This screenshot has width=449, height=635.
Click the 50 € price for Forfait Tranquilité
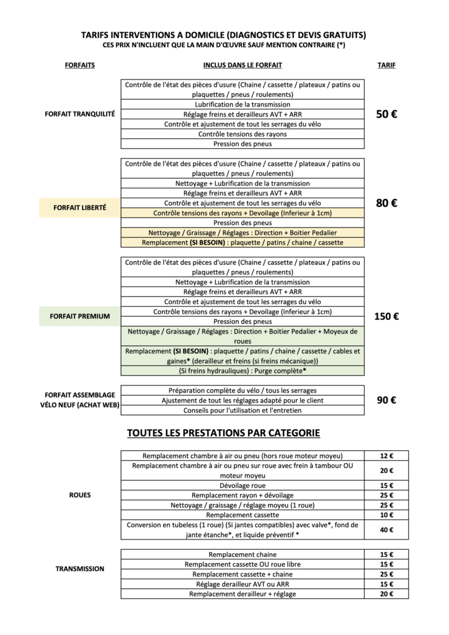[386, 114]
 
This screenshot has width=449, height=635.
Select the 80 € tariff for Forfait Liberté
[386, 203]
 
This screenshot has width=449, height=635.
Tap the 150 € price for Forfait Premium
[386, 316]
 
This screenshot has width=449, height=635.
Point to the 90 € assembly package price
[386, 400]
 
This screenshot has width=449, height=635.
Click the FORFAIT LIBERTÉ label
[79, 208]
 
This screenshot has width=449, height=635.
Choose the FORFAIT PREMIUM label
[79, 316]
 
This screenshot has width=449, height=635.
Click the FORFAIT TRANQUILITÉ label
[79, 114]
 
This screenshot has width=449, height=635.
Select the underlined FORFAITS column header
[79, 65]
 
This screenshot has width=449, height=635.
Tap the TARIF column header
[386, 65]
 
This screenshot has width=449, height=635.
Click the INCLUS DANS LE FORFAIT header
[242, 65]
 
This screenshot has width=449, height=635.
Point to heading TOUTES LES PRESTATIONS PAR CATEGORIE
[223, 433]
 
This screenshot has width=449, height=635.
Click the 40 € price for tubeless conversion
[386, 530]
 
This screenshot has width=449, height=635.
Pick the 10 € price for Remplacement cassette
[386, 515]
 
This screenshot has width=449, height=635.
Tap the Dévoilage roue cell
[242, 486]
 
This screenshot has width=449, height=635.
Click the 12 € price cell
[386, 456]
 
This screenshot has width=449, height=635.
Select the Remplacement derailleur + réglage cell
[242, 593]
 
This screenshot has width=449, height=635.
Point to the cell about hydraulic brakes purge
[242, 371]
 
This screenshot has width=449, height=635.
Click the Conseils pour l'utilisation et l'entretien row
[242, 411]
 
